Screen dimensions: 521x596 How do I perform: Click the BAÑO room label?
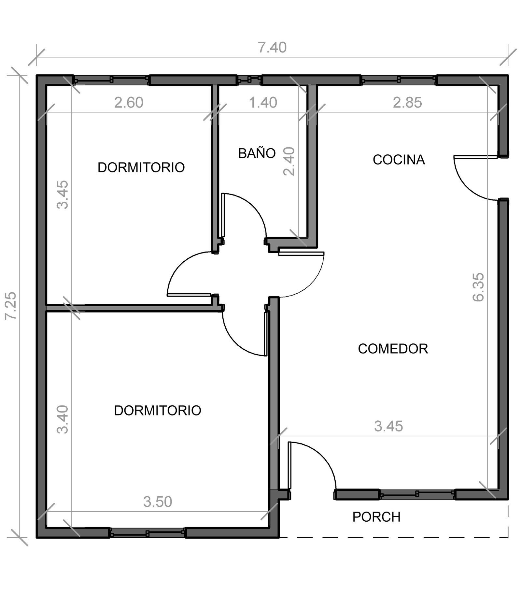click(257, 153)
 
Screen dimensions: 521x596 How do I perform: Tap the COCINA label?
click(399, 160)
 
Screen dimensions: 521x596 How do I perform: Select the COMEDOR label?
click(393, 349)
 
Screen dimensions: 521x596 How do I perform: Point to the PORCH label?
click(376, 517)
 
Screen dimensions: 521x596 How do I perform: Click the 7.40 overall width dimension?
click(272, 48)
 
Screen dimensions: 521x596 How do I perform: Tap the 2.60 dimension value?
click(129, 103)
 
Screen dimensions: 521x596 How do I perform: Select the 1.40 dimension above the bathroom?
click(263, 103)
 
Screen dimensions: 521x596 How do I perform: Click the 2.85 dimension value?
click(407, 103)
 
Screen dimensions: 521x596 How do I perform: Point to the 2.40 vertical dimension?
click(289, 161)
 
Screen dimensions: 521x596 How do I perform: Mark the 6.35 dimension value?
click(478, 287)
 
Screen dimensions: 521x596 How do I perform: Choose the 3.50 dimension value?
click(158, 502)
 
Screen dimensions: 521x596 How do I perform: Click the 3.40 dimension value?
click(63, 419)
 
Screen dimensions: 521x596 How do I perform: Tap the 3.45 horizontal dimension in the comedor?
click(388, 426)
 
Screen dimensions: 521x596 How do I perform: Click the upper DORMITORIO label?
click(141, 167)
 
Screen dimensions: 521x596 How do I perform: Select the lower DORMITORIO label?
click(158, 411)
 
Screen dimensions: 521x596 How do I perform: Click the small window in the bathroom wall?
click(249, 79)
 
